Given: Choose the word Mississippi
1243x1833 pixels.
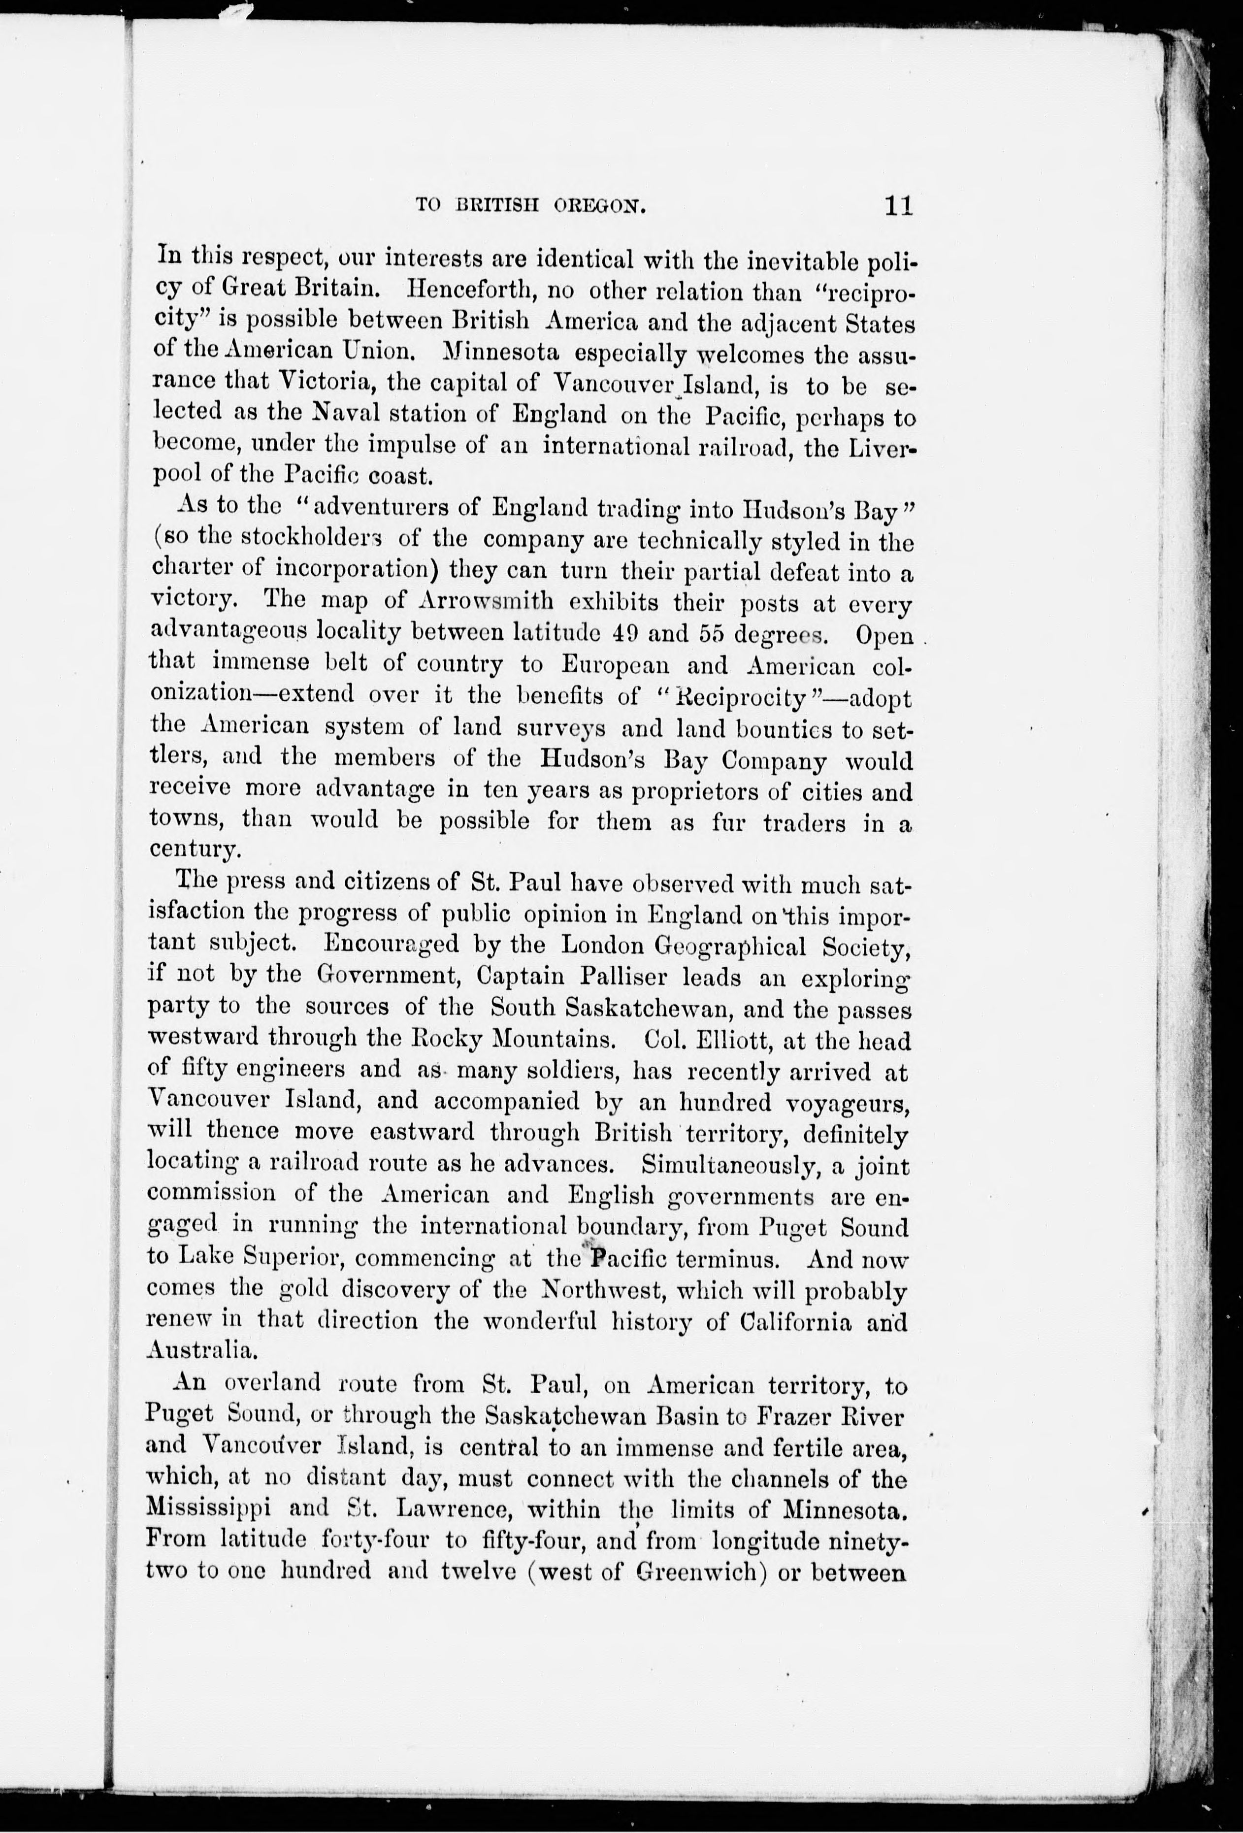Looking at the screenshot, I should click(209, 1509).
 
